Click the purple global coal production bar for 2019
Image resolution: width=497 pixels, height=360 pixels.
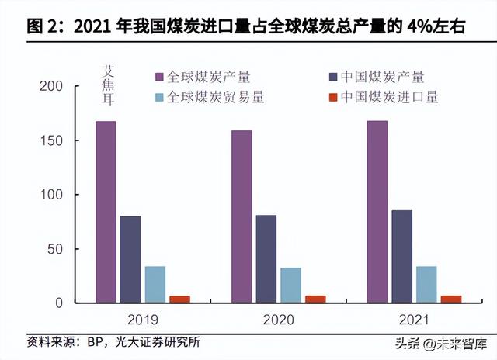(106, 211)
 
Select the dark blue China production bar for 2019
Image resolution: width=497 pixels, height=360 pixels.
(130, 259)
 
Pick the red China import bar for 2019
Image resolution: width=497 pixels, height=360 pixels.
(179, 299)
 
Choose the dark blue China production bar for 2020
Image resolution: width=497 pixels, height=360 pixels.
(266, 259)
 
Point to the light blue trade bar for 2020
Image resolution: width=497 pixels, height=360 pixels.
(290, 285)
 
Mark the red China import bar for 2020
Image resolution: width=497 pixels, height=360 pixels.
(315, 299)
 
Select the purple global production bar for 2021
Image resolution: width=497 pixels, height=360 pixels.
(377, 211)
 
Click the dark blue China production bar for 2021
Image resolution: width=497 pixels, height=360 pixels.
(402, 256)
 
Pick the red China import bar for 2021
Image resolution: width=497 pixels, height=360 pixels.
(451, 299)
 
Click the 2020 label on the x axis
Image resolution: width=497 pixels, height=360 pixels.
(278, 319)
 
